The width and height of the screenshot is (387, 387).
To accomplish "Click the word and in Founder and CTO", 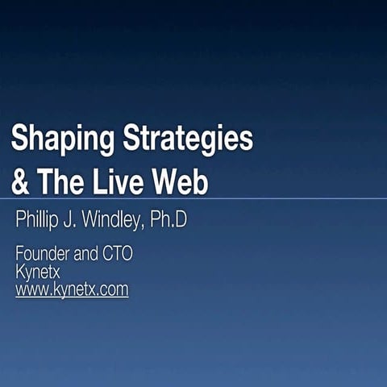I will coord(85,254).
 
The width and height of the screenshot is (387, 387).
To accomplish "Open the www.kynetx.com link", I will coord(72,289).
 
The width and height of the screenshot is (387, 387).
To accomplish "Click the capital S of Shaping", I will coord(20,139).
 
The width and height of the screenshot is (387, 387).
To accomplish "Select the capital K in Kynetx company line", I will coord(21,272).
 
